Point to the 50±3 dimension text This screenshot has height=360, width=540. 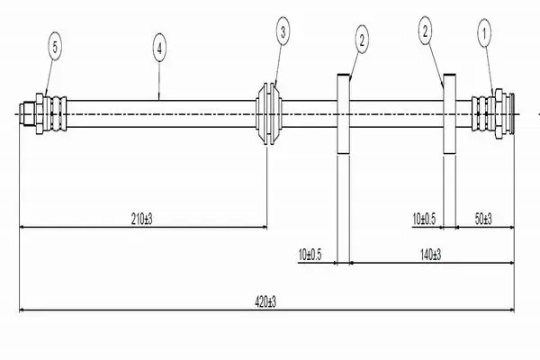[482, 218]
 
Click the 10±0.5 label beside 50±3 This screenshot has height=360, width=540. [423, 218]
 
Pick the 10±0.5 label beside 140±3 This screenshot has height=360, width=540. [309, 256]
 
